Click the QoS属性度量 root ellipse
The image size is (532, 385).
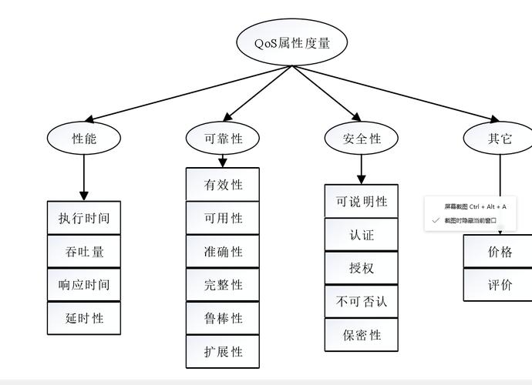(291, 43)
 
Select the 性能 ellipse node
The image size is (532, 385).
(84, 139)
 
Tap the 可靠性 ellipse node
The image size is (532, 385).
(223, 139)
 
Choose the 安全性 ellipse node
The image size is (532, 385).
(362, 139)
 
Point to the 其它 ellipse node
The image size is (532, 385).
(499, 139)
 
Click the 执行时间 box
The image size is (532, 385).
(84, 218)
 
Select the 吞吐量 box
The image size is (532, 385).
(84, 251)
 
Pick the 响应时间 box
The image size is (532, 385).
(84, 284)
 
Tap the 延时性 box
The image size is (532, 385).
(84, 318)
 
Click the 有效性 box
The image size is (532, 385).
(223, 185)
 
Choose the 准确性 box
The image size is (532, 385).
(223, 251)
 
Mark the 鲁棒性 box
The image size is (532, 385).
(223, 318)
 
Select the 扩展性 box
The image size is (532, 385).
(223, 351)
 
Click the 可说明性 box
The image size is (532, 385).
(362, 201)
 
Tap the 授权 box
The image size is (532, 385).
(362, 268)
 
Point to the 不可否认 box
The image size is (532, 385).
(362, 301)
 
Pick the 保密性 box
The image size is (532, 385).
(362, 335)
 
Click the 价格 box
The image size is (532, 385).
(500, 251)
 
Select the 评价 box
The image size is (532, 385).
(500, 284)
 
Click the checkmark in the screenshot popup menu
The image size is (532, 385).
(436, 220)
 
